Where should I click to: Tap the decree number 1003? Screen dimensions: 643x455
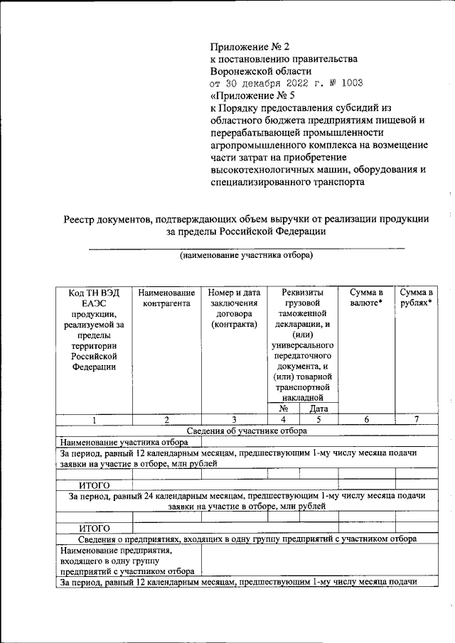[350, 83]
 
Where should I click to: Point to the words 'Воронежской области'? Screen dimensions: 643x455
[261, 71]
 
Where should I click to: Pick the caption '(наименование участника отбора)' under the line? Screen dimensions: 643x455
[246, 254]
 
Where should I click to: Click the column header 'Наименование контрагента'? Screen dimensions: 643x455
[166, 298]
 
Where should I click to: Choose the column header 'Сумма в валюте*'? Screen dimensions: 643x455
[366, 298]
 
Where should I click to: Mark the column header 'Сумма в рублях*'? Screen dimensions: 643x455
[417, 298]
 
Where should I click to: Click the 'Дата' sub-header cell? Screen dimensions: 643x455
[318, 409]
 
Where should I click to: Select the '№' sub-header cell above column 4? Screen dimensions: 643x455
[283, 409]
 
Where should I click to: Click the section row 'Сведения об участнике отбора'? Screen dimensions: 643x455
[247, 431]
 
